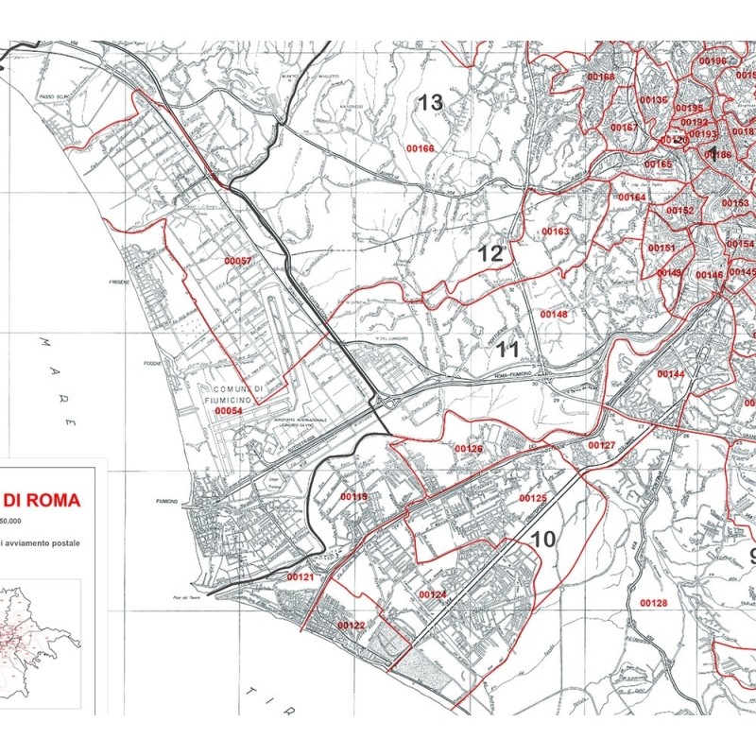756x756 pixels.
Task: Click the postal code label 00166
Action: pyautogui.click(x=421, y=148)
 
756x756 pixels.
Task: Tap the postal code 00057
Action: pyautogui.click(x=238, y=260)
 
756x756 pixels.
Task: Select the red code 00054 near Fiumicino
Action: pyautogui.click(x=228, y=412)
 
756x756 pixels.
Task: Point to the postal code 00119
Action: pyautogui.click(x=353, y=496)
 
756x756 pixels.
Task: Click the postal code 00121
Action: pyautogui.click(x=300, y=576)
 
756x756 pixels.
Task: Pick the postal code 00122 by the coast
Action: pyautogui.click(x=351, y=626)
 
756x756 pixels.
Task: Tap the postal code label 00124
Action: pyautogui.click(x=432, y=594)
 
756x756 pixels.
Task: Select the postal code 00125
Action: pyautogui.click(x=533, y=498)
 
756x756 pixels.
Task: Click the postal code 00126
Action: pyautogui.click(x=469, y=449)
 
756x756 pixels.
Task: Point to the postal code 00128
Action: pyautogui.click(x=653, y=603)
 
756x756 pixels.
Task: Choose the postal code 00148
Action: pyautogui.click(x=554, y=314)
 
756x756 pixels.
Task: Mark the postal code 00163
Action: pyautogui.click(x=556, y=232)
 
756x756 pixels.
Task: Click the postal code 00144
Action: pyautogui.click(x=670, y=374)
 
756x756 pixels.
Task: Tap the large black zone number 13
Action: pyautogui.click(x=431, y=103)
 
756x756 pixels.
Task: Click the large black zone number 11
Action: pyautogui.click(x=508, y=350)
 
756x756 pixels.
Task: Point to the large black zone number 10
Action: pyautogui.click(x=542, y=540)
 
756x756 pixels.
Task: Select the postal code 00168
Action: pyautogui.click(x=600, y=77)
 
